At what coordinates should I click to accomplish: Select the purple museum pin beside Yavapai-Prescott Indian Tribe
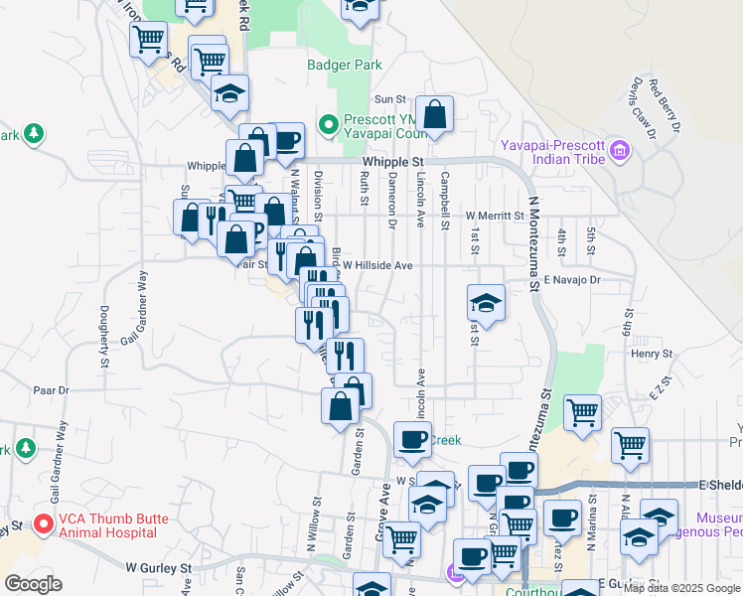click(x=621, y=151)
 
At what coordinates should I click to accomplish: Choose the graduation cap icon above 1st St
click(x=487, y=301)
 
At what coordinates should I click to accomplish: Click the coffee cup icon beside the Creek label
click(x=412, y=438)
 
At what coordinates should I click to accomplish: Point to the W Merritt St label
click(x=494, y=216)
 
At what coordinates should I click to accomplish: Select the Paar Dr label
click(x=52, y=391)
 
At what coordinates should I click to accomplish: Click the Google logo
click(x=33, y=584)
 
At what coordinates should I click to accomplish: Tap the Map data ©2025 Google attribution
click(x=681, y=588)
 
